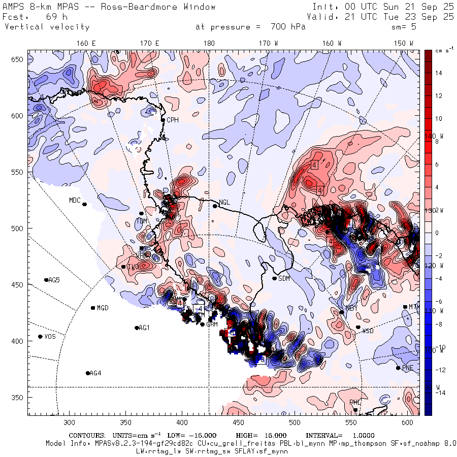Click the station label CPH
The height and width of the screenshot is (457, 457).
click(x=173, y=120)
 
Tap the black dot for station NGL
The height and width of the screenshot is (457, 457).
click(x=215, y=206)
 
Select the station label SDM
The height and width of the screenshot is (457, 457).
click(x=285, y=278)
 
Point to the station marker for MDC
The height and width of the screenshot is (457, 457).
click(x=84, y=204)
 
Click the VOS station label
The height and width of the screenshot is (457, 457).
click(x=50, y=337)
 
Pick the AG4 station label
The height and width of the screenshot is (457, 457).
click(x=95, y=373)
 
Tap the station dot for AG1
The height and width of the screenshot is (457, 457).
click(x=137, y=328)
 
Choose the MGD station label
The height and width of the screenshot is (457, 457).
click(x=103, y=308)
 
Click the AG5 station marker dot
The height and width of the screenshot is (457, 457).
click(x=46, y=280)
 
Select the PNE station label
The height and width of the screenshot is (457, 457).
click(x=408, y=368)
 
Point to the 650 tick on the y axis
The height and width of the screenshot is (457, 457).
click(x=18, y=60)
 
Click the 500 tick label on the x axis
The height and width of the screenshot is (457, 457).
click(x=295, y=422)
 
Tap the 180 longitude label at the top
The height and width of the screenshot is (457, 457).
click(x=209, y=44)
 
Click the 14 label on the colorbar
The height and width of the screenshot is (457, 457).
click(x=438, y=73)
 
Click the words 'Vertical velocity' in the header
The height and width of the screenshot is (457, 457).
click(x=47, y=27)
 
